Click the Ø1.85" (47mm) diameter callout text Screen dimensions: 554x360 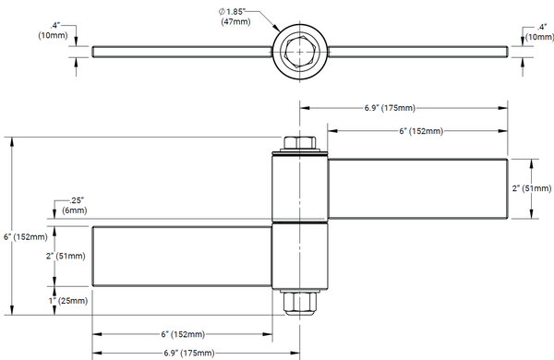[x=235, y=17]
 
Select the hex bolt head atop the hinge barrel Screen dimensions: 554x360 [x=299, y=143]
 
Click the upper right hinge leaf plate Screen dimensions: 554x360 [x=417, y=188]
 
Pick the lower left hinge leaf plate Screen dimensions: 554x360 [x=182, y=256]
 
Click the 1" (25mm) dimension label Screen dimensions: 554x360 [x=68, y=301]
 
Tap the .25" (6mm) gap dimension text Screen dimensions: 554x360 [x=75, y=206]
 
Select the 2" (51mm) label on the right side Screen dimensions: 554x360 [x=532, y=188]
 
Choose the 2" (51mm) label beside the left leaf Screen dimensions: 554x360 [x=66, y=256]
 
